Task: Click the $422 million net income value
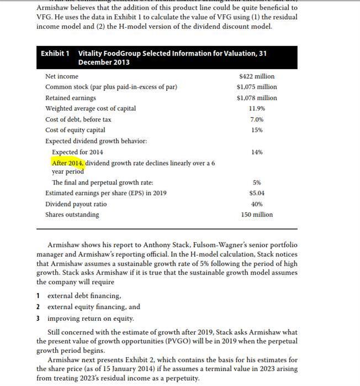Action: click(x=257, y=76)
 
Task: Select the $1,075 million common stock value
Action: click(x=257, y=87)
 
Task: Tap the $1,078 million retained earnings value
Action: click(x=257, y=98)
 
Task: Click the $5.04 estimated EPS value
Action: click(x=257, y=193)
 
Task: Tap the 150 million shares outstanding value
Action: click(x=257, y=214)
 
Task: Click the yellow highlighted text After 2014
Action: click(x=67, y=163)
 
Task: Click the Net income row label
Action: click(x=62, y=76)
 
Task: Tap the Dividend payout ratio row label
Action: click(x=76, y=204)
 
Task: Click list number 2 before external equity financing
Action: click(x=38, y=307)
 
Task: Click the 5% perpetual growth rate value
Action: click(x=257, y=182)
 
